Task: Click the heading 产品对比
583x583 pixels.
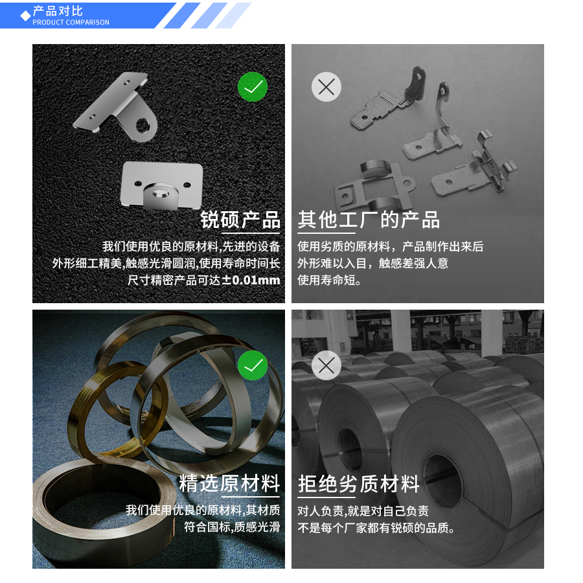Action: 58,11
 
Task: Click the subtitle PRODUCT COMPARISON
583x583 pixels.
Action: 71,23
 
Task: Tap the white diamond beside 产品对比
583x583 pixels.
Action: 25,15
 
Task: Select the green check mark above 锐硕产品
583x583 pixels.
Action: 253,86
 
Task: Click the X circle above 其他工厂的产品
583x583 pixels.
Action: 326,86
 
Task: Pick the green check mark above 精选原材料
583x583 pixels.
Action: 253,365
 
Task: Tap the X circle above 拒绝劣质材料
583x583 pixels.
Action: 326,365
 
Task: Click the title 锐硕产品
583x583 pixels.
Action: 240,220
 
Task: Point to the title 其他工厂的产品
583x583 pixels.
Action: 369,220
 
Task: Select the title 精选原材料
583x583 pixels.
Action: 229,483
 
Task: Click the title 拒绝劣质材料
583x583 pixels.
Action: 359,483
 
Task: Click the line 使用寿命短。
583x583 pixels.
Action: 330,280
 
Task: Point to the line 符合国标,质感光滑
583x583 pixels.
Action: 232,527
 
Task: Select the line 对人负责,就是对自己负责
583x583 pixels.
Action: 363,510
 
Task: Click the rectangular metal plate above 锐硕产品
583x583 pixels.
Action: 162,185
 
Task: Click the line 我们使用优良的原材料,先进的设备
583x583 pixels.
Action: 191,247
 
